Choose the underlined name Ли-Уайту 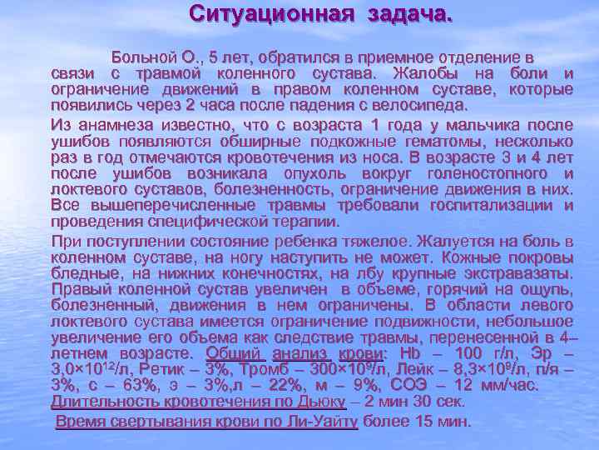(321, 422)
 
